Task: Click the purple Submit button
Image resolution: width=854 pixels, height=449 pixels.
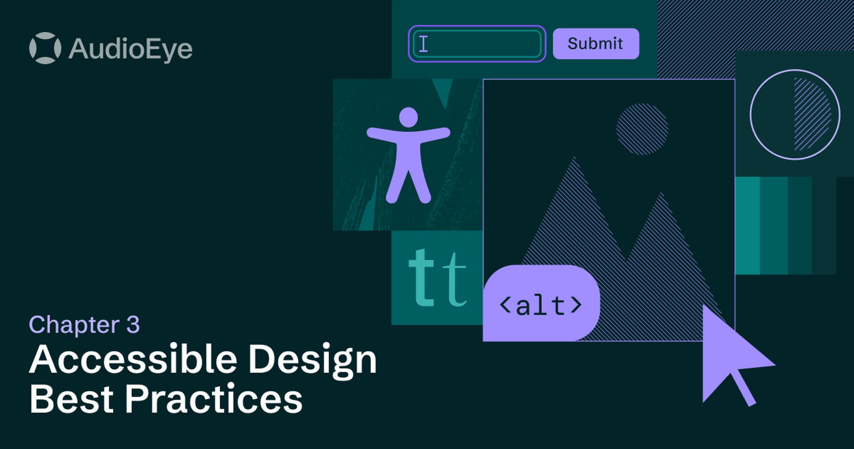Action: [595, 43]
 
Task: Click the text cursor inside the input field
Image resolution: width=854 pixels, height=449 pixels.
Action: [423, 43]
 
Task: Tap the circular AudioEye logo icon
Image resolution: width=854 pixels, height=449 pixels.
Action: [45, 48]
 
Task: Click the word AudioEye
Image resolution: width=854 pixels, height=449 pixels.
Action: [130, 49]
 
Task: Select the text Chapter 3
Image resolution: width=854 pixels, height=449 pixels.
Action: [84, 325]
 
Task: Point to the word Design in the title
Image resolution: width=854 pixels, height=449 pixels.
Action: [313, 360]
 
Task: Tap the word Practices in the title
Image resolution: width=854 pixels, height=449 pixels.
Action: [213, 399]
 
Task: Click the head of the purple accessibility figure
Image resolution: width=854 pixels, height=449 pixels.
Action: [408, 117]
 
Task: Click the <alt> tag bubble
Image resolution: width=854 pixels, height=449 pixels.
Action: [541, 304]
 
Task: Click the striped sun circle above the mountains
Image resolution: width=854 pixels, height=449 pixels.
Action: [642, 129]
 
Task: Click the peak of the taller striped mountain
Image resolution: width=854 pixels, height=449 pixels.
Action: [574, 161]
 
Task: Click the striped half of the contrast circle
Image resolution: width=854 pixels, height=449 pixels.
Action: [811, 114]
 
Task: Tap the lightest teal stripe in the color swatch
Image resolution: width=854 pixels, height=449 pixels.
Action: [748, 226]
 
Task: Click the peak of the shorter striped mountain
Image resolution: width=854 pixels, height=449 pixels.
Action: [661, 196]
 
